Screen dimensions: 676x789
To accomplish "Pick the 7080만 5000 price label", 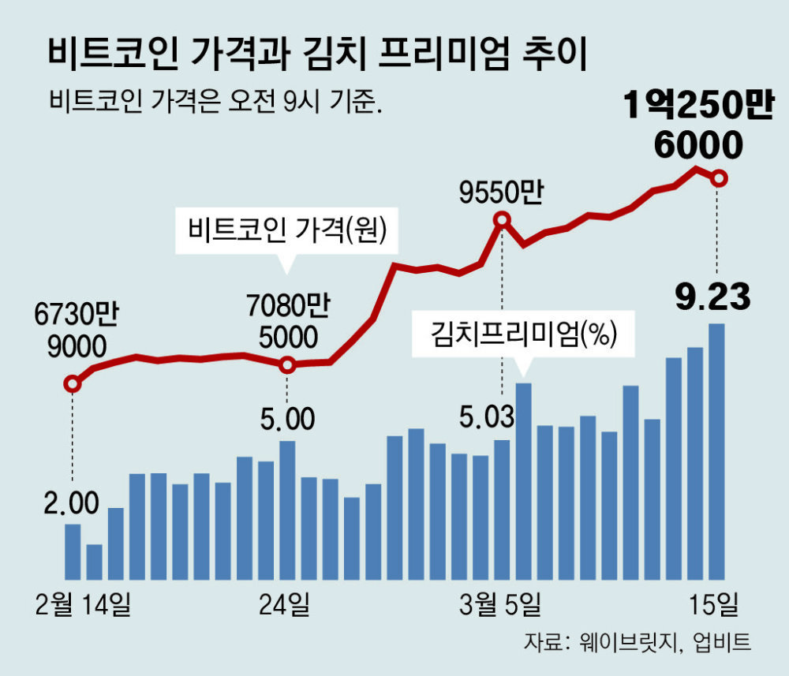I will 286,320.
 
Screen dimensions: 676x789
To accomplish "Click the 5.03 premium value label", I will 488,415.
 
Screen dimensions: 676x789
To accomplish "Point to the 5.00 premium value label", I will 287,417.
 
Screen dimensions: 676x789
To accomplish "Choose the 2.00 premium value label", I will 72,502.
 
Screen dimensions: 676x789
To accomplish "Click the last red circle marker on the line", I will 718,179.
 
